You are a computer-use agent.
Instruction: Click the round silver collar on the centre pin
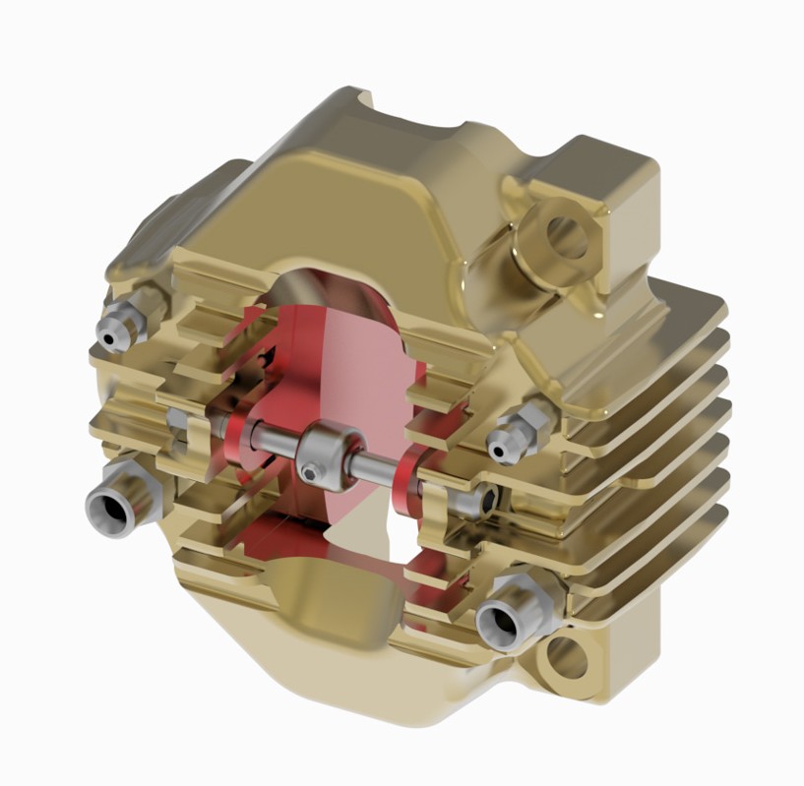pyautogui.click(x=326, y=456)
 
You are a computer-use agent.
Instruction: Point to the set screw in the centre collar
pyautogui.click(x=312, y=473)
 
